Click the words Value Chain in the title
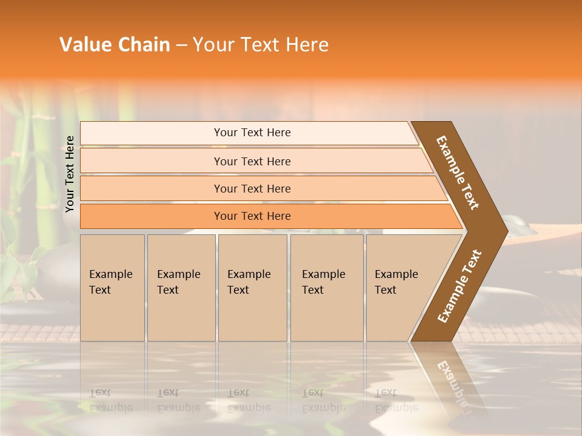click(115, 45)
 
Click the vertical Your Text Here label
click(70, 174)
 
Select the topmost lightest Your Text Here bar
click(252, 133)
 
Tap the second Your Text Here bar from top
click(252, 161)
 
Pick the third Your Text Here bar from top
click(252, 188)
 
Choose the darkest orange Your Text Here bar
click(252, 216)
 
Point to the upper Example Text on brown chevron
click(458, 172)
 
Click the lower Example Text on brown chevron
click(460, 286)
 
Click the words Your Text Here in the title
click(261, 45)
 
